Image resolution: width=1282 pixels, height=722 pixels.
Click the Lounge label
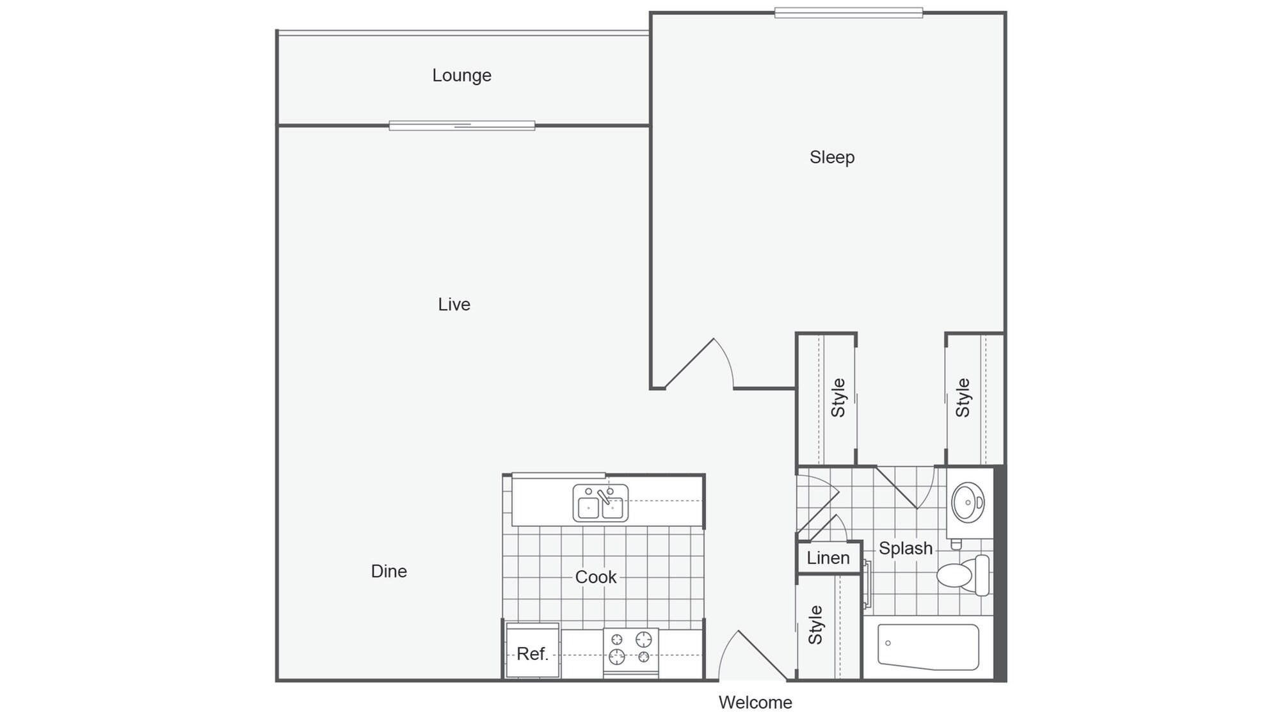461,76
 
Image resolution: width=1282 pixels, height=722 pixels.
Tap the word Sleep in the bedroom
831,157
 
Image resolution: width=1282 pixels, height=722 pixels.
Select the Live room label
454,305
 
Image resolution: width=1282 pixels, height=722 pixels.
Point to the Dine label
389,571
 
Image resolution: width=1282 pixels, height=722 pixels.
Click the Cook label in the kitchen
595,577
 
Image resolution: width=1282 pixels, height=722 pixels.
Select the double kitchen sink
600,503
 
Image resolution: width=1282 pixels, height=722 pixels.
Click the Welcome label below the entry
755,703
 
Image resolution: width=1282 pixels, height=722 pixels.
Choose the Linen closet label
828,558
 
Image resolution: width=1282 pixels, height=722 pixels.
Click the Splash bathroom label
905,549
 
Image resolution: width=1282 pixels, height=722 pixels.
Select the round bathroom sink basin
967,502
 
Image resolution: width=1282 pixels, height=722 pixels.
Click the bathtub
927,646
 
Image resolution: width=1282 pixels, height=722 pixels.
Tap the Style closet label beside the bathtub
815,625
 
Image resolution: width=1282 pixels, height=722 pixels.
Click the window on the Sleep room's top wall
848,13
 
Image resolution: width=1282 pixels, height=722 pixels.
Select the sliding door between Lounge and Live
461,125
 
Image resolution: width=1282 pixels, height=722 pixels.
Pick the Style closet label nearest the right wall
963,397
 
